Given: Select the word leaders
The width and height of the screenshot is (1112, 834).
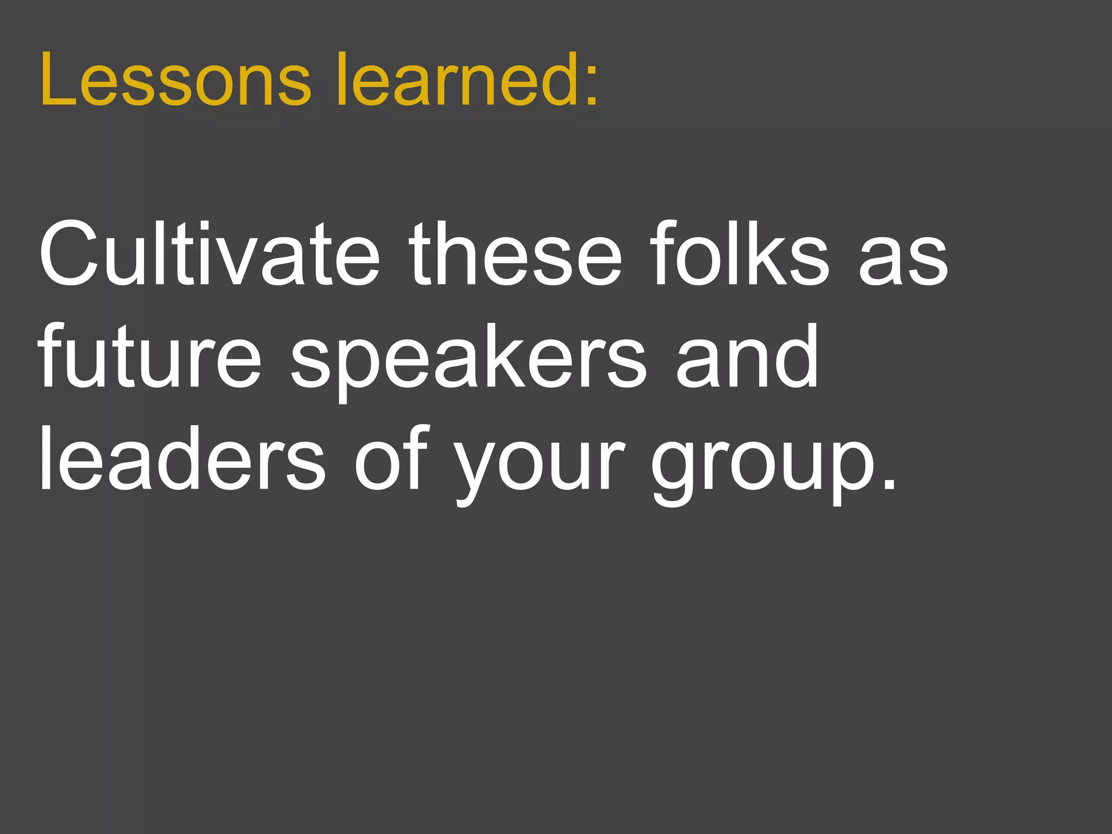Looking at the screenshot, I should (x=182, y=459).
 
